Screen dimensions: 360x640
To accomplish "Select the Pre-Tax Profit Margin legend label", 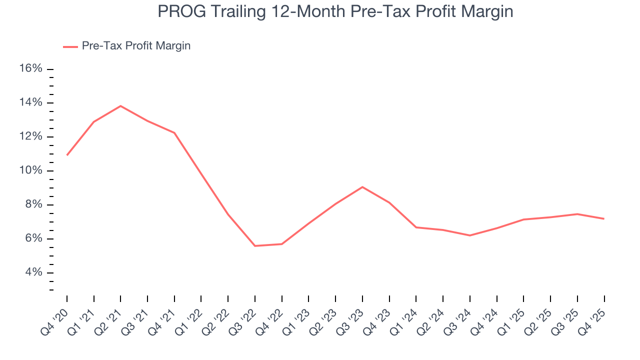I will point(136,46).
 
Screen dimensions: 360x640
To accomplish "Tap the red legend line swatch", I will point(70,46).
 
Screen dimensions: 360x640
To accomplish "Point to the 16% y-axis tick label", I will point(30,68).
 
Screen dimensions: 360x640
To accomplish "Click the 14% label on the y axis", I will point(30,102).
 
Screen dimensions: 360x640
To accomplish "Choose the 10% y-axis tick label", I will point(30,170).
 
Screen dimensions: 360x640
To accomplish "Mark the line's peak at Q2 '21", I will point(120,106).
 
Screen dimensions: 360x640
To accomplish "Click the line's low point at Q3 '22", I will point(255,246).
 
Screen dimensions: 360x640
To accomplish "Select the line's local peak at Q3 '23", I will point(362,187).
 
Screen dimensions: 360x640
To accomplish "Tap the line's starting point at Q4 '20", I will point(67,155).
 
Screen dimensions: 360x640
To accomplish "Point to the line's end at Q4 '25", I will point(604,218).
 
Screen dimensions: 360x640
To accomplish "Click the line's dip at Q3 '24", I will point(470,235).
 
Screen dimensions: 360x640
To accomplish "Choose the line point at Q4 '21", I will point(174,133).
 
